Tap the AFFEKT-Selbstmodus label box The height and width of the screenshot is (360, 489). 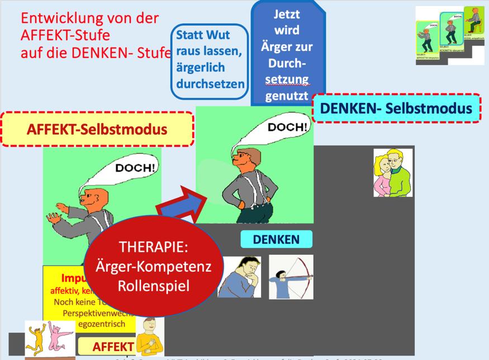98,130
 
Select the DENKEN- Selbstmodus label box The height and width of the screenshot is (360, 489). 396,108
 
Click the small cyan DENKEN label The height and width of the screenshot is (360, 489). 276,240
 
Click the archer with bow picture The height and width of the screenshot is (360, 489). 291,277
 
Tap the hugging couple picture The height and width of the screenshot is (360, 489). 393,172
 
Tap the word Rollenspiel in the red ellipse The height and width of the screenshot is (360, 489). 154,285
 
